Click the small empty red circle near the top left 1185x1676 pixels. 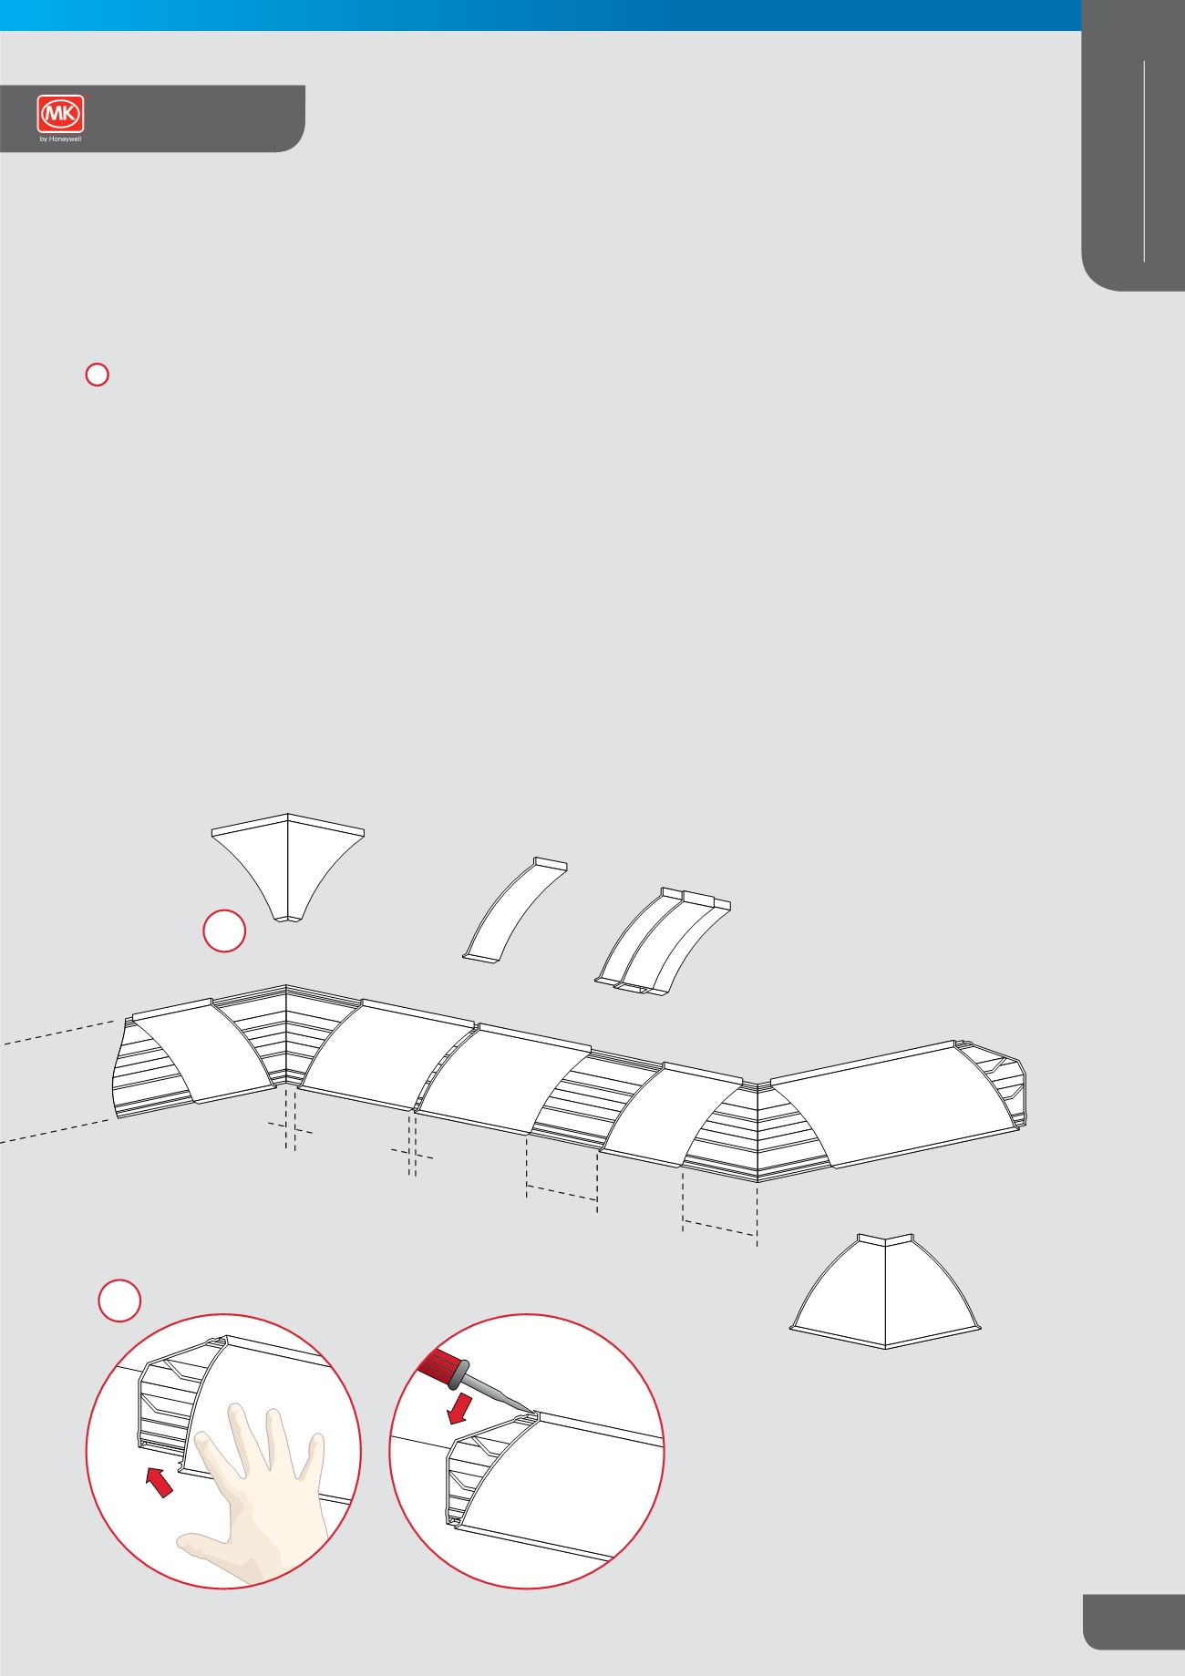(x=98, y=374)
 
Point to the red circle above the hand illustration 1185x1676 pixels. (x=119, y=1300)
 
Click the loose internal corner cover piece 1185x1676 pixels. (x=287, y=866)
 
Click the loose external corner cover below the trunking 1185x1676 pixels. (x=885, y=1291)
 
